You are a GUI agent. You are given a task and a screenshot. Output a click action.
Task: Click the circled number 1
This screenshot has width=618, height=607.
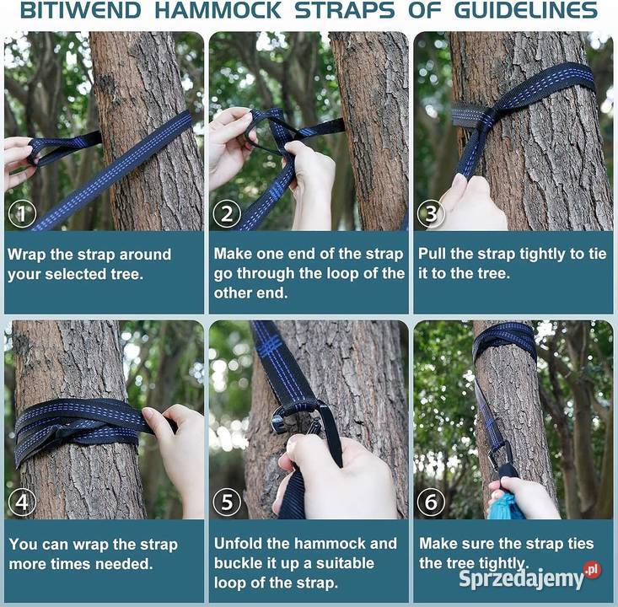pyautogui.click(x=22, y=214)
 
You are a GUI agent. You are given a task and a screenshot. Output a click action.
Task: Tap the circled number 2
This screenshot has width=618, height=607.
pyautogui.click(x=227, y=214)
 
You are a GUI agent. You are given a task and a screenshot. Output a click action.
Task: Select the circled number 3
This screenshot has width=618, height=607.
pyautogui.click(x=431, y=214)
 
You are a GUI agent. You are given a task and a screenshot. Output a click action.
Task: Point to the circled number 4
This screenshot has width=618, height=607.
pyautogui.click(x=22, y=502)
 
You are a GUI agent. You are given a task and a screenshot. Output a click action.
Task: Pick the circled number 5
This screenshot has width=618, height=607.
pyautogui.click(x=227, y=502)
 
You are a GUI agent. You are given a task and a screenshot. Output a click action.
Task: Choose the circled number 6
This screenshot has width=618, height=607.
pyautogui.click(x=431, y=502)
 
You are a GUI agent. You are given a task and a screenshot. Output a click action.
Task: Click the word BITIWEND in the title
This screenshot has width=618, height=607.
pyautogui.click(x=81, y=10)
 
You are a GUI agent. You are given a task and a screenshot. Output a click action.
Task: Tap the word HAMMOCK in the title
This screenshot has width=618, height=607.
pyautogui.click(x=218, y=10)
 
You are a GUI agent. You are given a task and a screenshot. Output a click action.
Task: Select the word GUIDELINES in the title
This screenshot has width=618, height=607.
pyautogui.click(x=526, y=10)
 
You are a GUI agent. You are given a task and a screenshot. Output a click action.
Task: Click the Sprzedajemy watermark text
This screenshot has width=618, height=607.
pyautogui.click(x=521, y=578)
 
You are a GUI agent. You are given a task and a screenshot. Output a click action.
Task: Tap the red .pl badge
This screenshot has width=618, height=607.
pyautogui.click(x=593, y=571)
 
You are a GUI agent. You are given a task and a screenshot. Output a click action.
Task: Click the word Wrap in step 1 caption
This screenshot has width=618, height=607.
pyautogui.click(x=26, y=255)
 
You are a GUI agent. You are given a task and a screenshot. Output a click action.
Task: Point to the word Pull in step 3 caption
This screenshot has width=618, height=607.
pyautogui.click(x=432, y=254)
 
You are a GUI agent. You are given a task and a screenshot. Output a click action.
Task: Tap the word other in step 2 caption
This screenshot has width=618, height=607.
pyautogui.click(x=234, y=293)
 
